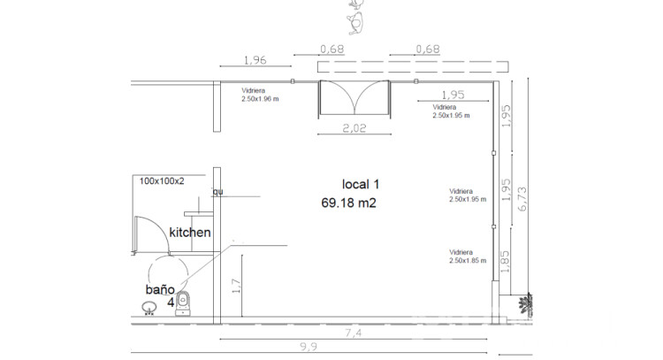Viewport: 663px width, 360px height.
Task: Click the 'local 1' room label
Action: coord(361,185)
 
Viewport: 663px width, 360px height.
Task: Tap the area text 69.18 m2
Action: coord(348,203)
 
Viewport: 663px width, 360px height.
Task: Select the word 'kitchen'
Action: coord(190,233)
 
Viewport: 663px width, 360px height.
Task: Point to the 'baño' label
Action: coord(160,290)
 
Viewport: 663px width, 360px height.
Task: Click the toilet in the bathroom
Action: coord(183,303)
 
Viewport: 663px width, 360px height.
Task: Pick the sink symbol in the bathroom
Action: coord(149,308)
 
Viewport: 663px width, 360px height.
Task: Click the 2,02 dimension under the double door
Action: coord(354,127)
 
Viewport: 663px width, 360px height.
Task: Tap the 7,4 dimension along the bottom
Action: coord(353,333)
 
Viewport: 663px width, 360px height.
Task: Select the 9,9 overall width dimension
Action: coord(309,347)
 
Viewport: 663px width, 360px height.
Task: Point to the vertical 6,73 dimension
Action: coord(522,199)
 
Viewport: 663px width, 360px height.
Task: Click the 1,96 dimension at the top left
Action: coord(255,60)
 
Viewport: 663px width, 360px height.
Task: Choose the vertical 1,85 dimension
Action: coord(505,262)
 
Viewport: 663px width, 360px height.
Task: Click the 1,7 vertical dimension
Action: coord(236,286)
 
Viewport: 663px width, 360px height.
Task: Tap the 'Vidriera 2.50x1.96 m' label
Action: coord(260,95)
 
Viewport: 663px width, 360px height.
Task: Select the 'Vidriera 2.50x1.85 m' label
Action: coord(468,257)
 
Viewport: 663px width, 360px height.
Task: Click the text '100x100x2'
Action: coord(162,181)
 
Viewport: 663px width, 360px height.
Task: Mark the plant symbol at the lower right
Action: coord(526,304)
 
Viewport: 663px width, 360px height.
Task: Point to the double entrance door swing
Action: coord(354,97)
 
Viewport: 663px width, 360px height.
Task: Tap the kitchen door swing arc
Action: coord(163,229)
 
